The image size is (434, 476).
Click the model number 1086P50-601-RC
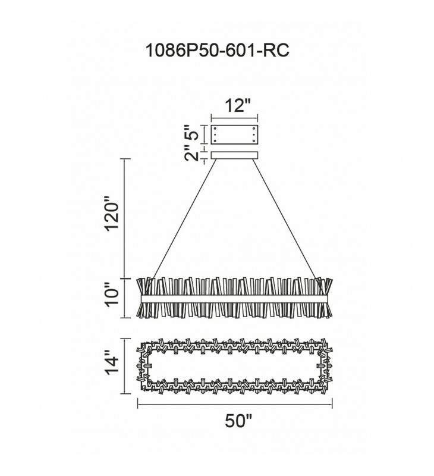tap(217, 50)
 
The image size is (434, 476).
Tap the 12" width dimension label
tap(238, 106)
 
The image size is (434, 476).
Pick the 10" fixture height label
tap(111, 295)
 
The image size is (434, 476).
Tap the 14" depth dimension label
tap(111, 363)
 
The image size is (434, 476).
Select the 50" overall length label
tap(238, 421)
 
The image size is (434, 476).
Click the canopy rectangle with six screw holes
tap(234, 134)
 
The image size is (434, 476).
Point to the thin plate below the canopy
tap(234, 155)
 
